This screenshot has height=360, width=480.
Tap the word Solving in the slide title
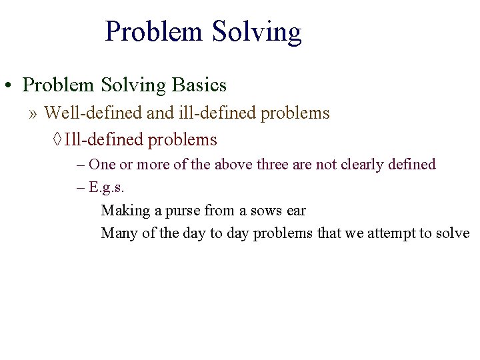(x=257, y=32)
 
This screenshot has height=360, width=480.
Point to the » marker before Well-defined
(x=33, y=113)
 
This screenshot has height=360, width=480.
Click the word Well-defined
(x=93, y=113)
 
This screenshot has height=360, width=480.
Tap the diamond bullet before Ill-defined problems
(x=57, y=140)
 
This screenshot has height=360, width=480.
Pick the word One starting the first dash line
(x=102, y=164)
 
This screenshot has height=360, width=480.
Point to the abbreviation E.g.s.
(x=107, y=187)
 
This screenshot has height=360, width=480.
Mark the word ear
(x=295, y=211)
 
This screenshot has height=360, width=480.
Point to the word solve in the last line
(x=453, y=233)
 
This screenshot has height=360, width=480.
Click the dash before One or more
(x=81, y=164)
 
